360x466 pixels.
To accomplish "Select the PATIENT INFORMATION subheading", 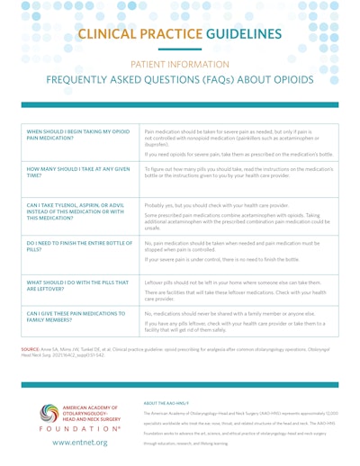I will (180, 65).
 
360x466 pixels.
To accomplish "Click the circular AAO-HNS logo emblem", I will (48, 414).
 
